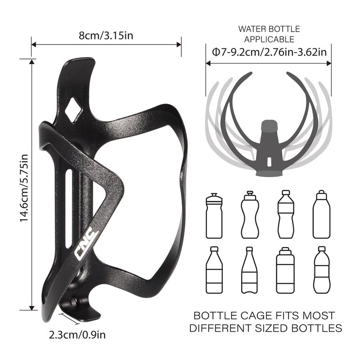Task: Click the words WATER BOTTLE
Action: [x=269, y=29]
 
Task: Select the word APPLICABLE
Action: [x=269, y=40]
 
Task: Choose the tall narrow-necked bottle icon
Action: [x=250, y=270]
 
